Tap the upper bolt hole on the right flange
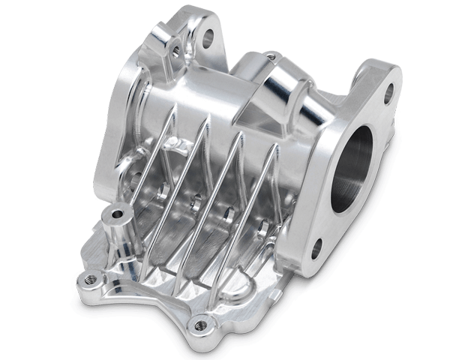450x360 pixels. pyautogui.click(x=388, y=94)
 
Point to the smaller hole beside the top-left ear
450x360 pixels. pyautogui.click(x=177, y=52)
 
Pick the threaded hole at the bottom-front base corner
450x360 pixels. pyautogui.click(x=199, y=325)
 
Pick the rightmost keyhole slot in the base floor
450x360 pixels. pyautogui.click(x=262, y=226)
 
